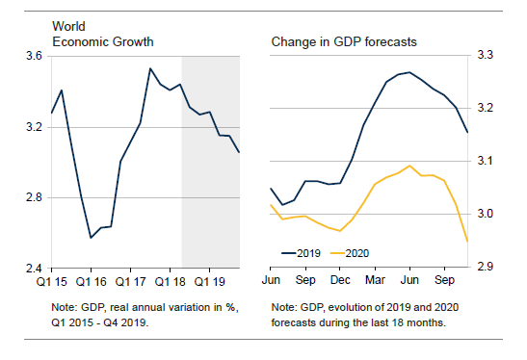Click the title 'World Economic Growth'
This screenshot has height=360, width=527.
click(103, 34)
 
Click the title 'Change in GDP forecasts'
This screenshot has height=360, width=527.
click(344, 42)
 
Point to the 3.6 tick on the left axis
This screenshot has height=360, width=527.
click(34, 56)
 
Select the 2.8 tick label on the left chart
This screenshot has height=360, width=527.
click(34, 197)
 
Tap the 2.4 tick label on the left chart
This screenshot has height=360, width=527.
click(34, 269)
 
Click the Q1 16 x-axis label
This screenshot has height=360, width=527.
click(91, 281)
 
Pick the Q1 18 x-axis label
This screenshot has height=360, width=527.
click(170, 281)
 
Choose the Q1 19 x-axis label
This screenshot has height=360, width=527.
click(209, 281)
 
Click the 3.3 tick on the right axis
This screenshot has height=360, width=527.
click(485, 55)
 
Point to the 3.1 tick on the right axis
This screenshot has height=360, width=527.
click(485, 161)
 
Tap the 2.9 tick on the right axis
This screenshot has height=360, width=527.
click(485, 267)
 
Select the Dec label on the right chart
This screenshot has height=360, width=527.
click(340, 280)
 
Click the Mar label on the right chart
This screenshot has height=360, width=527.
click(375, 280)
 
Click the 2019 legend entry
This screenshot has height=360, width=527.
click(302, 253)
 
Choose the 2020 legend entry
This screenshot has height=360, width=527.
click(350, 253)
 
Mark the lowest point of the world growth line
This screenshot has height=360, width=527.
click(91, 238)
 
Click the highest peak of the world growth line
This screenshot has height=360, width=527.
click(150, 68)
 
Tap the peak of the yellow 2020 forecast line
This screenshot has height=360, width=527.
click(409, 166)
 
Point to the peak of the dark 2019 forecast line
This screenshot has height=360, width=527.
click(409, 72)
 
